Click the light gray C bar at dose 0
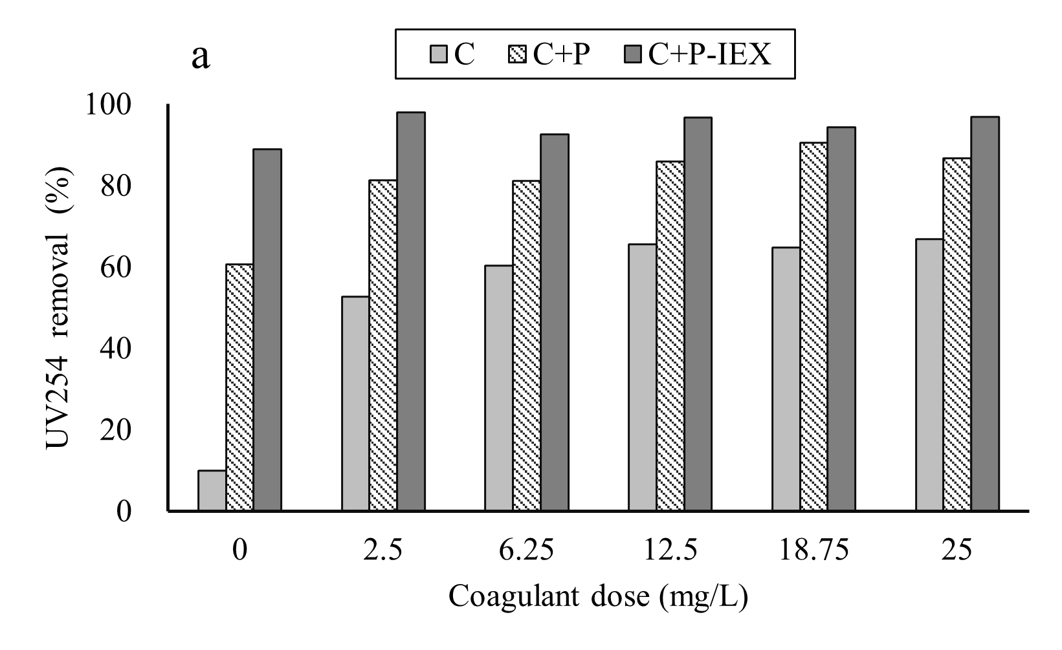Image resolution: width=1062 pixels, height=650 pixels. [x=212, y=491]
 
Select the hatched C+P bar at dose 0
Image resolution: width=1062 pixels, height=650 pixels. [x=239, y=388]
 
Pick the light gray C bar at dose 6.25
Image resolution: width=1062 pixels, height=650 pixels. [x=499, y=388]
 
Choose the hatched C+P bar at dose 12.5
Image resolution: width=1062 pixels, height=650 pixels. [x=670, y=336]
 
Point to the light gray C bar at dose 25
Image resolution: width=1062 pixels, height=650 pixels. [x=929, y=375]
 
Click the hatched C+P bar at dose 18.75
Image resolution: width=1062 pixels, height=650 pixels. [x=813, y=327]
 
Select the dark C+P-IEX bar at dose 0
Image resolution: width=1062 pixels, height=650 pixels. [x=267, y=330]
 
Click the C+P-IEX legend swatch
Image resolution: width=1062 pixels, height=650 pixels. [x=636, y=55]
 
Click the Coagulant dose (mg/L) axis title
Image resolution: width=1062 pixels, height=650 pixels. [x=598, y=596]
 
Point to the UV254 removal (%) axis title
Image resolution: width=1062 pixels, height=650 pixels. [x=60, y=307]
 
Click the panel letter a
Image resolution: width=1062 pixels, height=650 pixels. [x=201, y=57]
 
